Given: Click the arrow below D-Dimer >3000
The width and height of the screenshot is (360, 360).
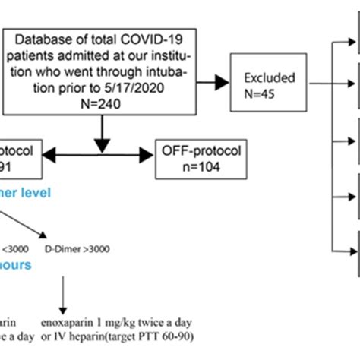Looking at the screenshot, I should coord(62,295).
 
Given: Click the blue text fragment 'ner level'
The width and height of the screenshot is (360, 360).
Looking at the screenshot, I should coord(26,193).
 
